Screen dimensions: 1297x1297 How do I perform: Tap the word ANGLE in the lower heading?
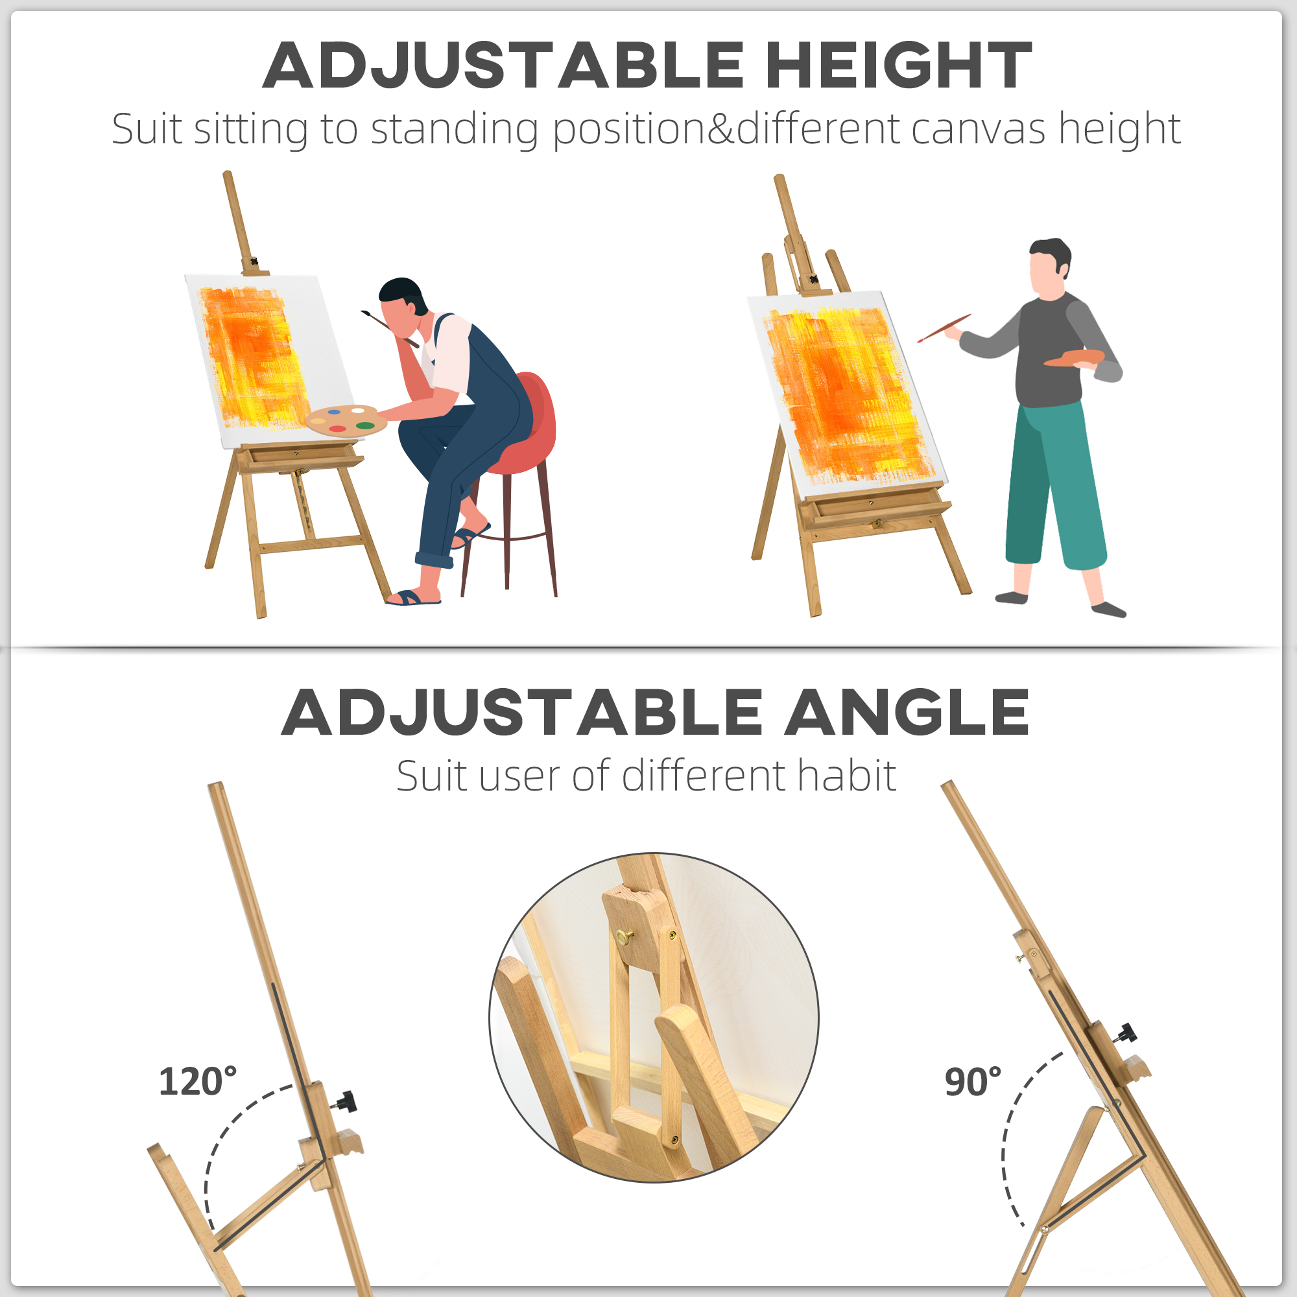point(907,712)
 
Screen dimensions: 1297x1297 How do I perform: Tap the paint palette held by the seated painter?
point(346,420)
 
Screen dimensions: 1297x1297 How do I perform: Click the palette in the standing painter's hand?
point(1074,359)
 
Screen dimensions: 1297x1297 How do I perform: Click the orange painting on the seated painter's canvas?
point(254,357)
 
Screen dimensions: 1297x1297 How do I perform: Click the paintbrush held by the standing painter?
point(944,328)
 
